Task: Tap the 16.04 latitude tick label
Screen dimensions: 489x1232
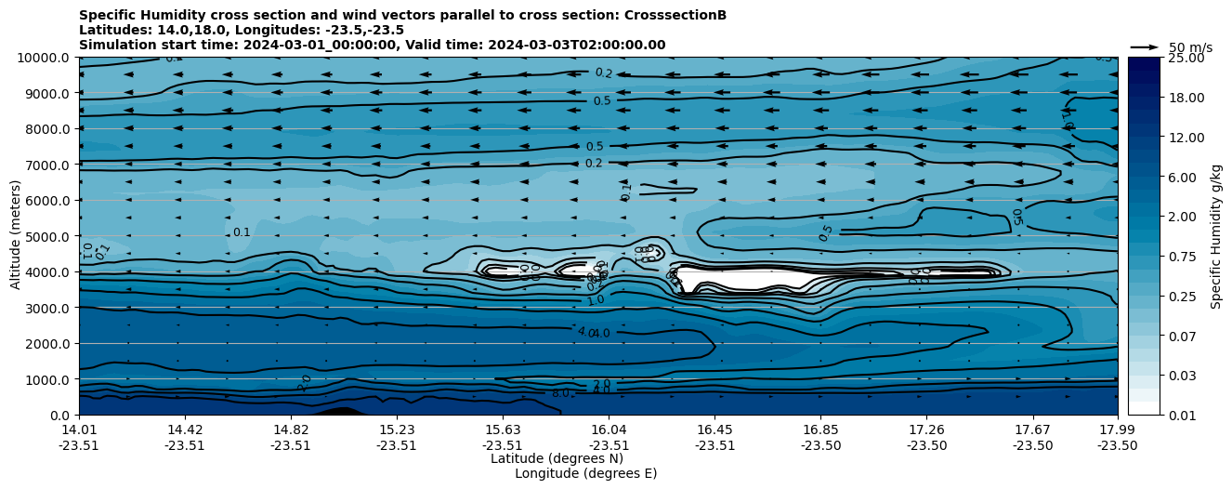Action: pos(609,430)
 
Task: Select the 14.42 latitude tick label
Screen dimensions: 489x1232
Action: pos(185,430)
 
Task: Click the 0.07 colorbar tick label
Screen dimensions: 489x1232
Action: pos(1181,336)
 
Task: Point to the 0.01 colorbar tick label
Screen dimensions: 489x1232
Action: pos(1181,415)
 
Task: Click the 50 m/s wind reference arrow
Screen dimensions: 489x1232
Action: pos(1144,46)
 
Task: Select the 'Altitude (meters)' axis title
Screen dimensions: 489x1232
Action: pos(16,236)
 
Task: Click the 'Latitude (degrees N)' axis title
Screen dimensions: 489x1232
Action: pos(557,458)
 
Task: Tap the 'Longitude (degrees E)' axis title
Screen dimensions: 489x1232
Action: pos(585,473)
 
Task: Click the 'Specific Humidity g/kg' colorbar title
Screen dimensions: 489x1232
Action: pos(1216,236)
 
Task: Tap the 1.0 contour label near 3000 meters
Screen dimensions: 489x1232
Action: pos(595,300)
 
